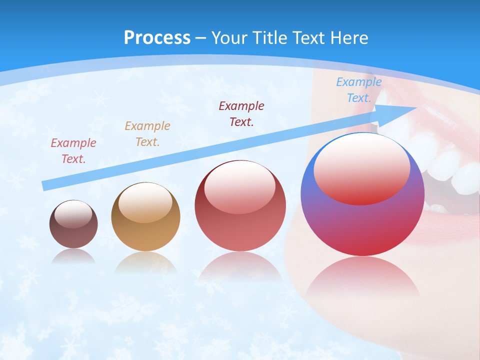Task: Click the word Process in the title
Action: click(x=157, y=38)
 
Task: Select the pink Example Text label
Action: click(x=73, y=150)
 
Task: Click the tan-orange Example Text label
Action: click(x=147, y=133)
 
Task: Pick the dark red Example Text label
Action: click(x=241, y=113)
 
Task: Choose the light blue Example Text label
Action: click(x=359, y=90)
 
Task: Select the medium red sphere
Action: click(x=240, y=225)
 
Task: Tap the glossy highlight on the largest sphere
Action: click(x=362, y=167)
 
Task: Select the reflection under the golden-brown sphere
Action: click(x=145, y=262)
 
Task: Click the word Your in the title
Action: click(x=230, y=38)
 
